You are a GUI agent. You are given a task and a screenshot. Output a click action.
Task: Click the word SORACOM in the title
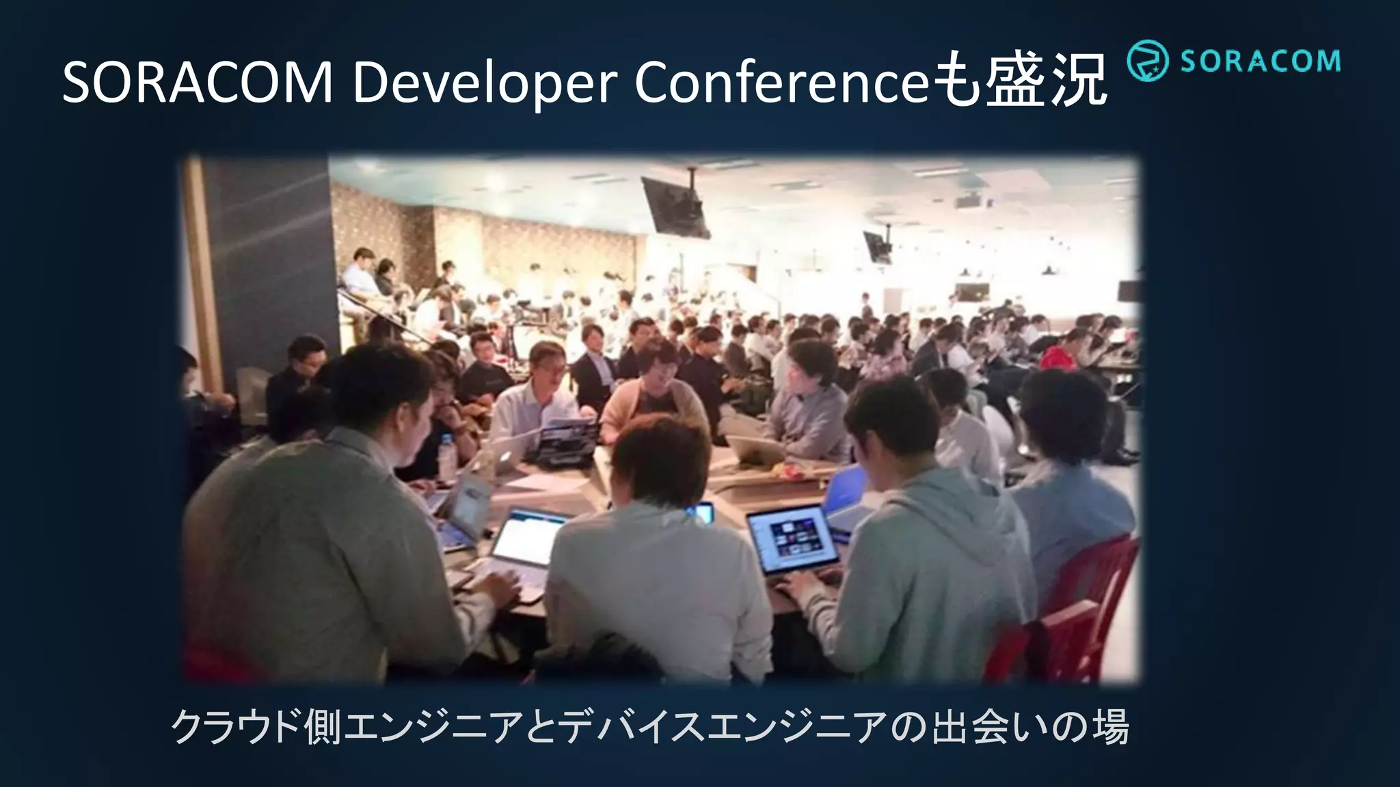click(x=197, y=83)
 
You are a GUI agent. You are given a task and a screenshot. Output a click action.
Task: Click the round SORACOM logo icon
click(x=1146, y=61)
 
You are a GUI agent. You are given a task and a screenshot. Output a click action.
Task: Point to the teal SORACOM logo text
click(x=1259, y=61)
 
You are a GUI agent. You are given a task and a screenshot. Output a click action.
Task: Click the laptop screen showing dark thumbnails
click(x=793, y=539)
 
